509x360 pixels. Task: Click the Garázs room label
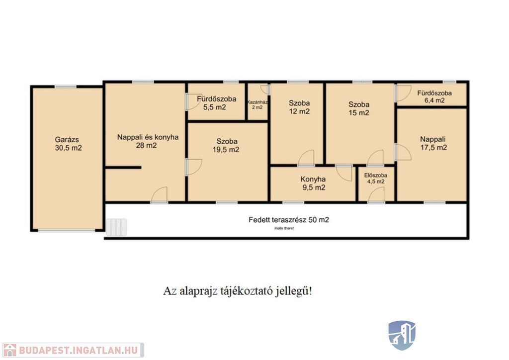pos(67,140)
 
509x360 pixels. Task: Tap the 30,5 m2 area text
pos(68,148)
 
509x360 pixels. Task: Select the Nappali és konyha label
pos(148,137)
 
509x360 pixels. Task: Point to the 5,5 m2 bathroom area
pos(214,107)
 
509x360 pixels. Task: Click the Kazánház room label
pos(258,102)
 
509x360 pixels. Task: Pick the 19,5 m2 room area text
pos(226,150)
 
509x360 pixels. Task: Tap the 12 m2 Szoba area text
pos(299,111)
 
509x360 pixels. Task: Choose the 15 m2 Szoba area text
pos(359,113)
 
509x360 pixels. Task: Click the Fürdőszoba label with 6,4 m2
pos(434,93)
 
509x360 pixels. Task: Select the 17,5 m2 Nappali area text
pos(433,148)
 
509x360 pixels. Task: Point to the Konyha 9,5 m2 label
pos(313,183)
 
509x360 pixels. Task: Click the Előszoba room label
pos(376,176)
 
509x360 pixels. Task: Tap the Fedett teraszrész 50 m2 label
pos(289,220)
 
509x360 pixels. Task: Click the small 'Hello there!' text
pos(284,228)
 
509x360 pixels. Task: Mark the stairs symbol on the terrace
pos(116,227)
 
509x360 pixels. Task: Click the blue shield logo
pos(402,335)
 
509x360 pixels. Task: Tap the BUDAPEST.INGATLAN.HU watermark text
pos(78,350)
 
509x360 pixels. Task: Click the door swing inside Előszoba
pos(376,194)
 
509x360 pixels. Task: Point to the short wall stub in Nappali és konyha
pos(123,168)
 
